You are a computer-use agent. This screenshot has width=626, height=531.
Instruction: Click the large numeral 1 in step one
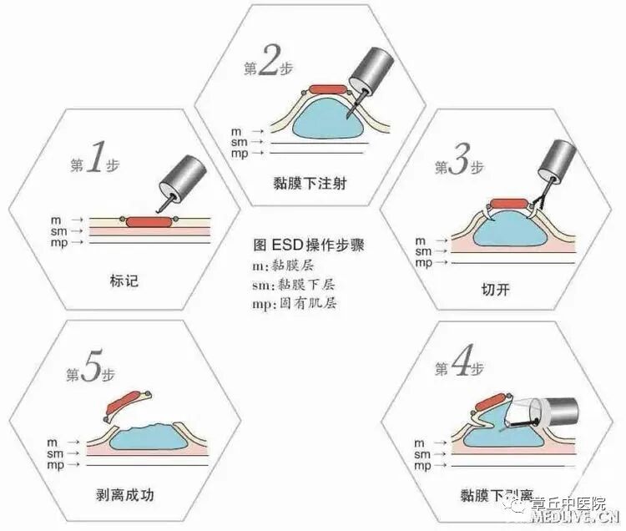93,159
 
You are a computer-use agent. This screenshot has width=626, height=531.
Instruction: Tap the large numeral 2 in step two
267,65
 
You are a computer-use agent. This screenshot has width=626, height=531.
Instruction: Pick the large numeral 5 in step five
93,369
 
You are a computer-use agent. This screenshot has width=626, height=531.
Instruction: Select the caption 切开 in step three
495,291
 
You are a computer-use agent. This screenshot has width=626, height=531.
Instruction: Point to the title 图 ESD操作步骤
309,246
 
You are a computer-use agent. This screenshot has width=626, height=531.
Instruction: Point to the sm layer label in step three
423,251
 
